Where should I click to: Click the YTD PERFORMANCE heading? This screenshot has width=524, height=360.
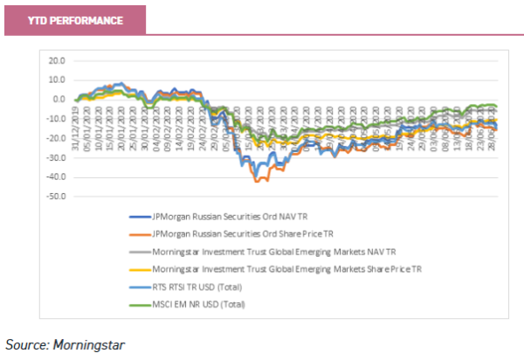(74, 20)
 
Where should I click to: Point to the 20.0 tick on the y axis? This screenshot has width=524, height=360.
(58, 61)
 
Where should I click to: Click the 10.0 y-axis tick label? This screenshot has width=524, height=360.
(58, 80)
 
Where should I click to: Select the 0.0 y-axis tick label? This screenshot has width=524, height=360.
(59, 100)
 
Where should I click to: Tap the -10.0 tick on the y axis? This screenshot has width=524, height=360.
(57, 119)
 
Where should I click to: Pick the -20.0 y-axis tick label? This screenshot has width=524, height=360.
(57, 139)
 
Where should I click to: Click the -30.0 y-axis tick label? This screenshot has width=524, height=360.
(57, 158)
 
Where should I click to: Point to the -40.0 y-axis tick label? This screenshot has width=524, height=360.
(57, 177)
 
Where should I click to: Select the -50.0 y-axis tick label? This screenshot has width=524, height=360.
(57, 197)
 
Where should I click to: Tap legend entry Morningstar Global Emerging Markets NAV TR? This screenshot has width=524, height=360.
(273, 252)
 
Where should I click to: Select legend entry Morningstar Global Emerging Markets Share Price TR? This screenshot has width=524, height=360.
(286, 269)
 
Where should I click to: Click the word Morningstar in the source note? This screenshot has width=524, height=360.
(91, 344)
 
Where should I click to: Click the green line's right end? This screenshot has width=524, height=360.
(496, 106)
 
